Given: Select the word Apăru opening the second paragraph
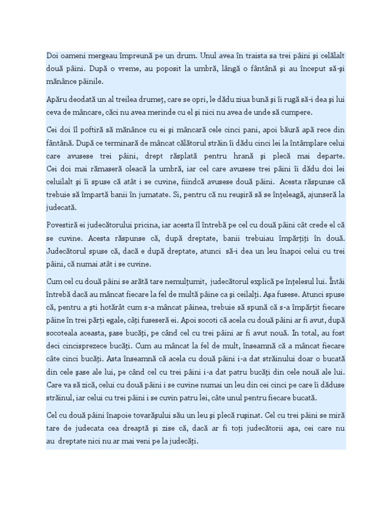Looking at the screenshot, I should click(58, 99).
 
